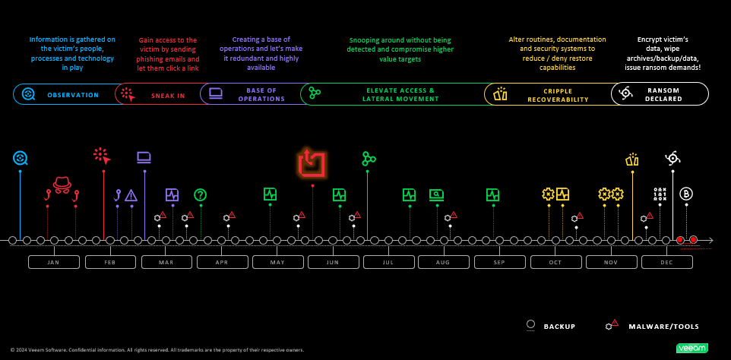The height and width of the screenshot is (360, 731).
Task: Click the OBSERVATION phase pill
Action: click(x=68, y=95)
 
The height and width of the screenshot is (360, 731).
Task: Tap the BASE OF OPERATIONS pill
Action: click(x=251, y=95)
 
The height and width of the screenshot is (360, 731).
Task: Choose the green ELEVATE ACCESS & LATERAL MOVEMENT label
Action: click(x=391, y=95)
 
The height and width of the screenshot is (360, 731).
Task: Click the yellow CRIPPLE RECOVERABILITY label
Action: click(x=547, y=95)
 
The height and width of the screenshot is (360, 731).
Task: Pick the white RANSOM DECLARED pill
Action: click(x=659, y=94)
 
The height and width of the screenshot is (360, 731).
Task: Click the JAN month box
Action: click(x=53, y=262)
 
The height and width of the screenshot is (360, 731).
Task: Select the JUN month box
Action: click(x=332, y=262)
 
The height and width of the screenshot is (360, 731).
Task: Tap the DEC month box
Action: click(x=666, y=262)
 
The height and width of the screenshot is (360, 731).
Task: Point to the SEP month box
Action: click(x=499, y=262)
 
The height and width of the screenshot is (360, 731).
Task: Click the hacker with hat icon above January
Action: click(x=62, y=184)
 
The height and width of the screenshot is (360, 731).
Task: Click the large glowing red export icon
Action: click(x=312, y=163)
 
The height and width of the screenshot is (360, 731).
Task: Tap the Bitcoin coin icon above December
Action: click(x=686, y=194)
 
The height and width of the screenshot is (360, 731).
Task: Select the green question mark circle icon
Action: click(x=201, y=194)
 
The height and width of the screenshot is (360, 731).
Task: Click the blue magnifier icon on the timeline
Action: click(x=21, y=158)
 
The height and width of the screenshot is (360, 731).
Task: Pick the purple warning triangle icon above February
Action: click(x=131, y=194)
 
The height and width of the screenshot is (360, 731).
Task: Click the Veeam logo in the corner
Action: click(x=691, y=348)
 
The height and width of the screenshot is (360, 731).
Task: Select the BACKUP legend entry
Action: click(x=551, y=326)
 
